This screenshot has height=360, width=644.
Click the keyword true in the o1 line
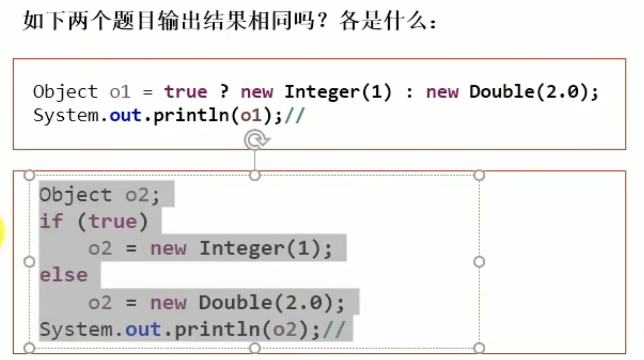coord(185,92)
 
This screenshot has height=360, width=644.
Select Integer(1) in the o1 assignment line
coord(337,92)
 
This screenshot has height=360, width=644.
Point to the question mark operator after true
coord(224,92)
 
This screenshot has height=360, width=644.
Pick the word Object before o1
coord(65,92)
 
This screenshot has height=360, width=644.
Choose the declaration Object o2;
coord(99,195)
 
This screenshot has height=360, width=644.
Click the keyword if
coord(51,222)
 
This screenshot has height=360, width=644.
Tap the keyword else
coord(63,275)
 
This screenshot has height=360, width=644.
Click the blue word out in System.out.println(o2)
coord(143,330)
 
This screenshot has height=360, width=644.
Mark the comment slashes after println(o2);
coord(334,330)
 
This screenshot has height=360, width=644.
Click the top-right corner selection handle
coord(479,175)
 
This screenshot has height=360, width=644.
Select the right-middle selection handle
coord(479,262)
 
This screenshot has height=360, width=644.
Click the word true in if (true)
coord(112,222)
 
